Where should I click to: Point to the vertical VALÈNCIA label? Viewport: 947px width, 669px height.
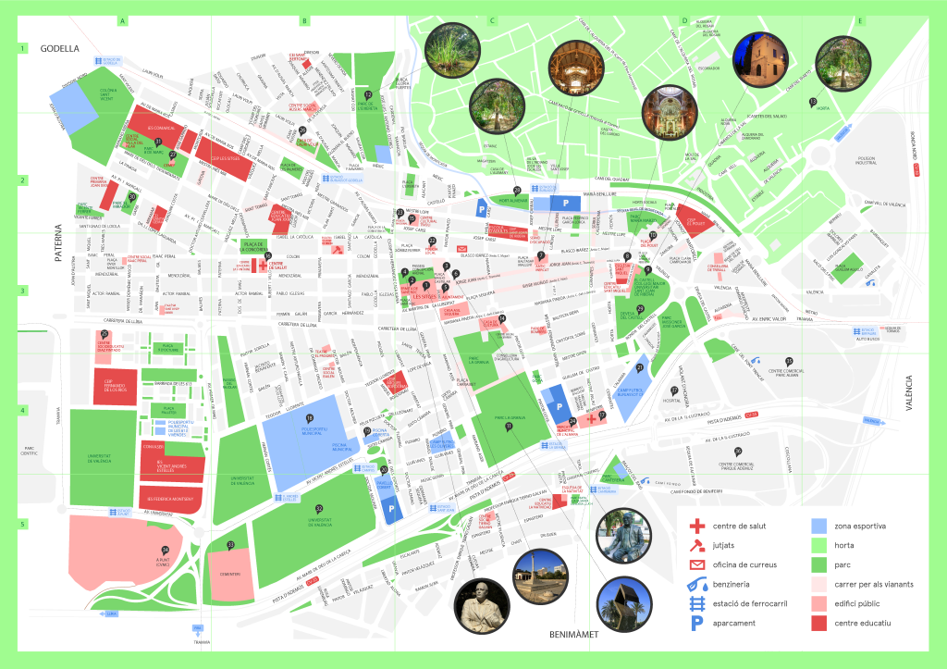[x=909, y=397]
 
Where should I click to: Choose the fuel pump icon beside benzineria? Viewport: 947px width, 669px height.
[x=695, y=585]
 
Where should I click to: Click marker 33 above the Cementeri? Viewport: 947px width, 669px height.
[x=230, y=544]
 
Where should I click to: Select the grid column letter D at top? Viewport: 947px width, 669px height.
[x=684, y=20]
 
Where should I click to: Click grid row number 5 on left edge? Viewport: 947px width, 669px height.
[x=21, y=525]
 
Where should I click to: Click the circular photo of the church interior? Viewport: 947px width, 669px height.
[x=663, y=111]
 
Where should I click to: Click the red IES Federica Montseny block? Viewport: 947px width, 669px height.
[x=173, y=500]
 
